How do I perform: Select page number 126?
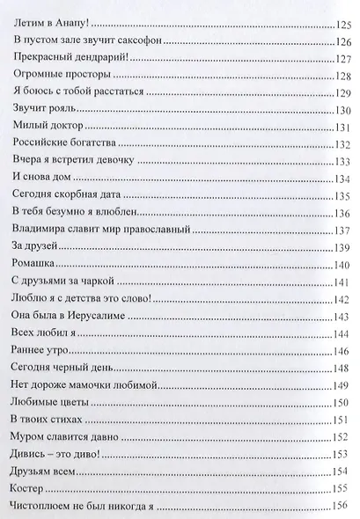pos(342,46)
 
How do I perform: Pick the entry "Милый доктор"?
pos(49,134)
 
